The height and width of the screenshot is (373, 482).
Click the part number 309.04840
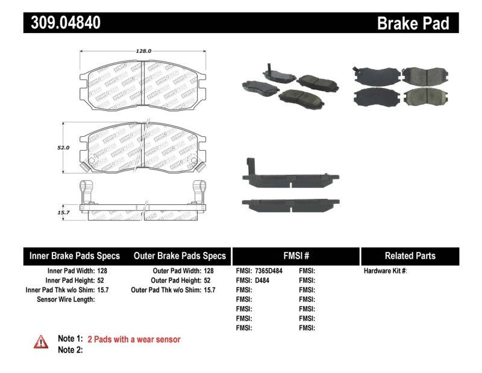[63, 23]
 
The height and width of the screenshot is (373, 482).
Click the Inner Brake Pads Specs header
[75, 255]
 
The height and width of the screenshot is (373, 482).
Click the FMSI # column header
[295, 255]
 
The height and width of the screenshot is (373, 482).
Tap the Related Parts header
[410, 255]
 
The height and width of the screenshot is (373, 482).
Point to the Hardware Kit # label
[385, 271]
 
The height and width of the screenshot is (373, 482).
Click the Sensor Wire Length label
[66, 299]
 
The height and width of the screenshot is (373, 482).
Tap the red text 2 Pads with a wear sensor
[134, 339]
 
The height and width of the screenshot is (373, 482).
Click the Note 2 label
[70, 349]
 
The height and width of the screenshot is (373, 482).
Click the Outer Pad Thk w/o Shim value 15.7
[210, 290]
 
